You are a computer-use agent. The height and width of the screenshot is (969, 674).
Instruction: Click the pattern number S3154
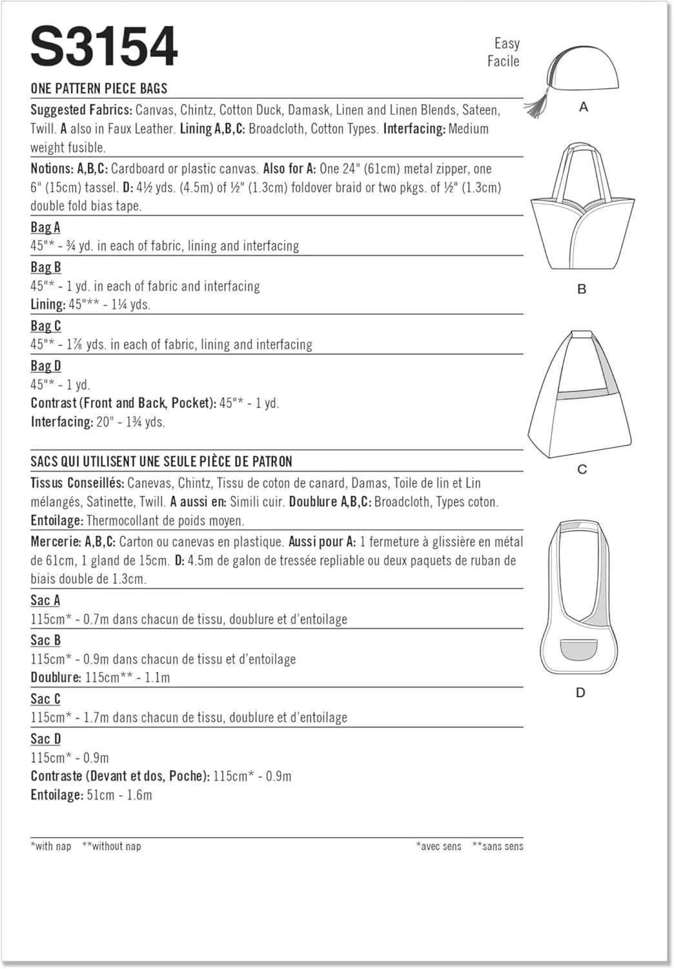104,47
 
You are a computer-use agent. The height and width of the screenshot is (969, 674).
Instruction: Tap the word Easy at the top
507,43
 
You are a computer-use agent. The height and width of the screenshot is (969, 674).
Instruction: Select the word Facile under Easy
503,61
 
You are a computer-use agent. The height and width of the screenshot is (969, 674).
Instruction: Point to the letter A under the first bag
584,107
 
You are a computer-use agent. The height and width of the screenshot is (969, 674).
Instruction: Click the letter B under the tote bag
582,289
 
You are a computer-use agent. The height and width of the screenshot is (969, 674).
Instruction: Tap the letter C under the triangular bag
582,469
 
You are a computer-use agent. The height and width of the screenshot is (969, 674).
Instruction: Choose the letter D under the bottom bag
580,693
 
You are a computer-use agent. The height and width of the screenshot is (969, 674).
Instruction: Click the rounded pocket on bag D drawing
579,649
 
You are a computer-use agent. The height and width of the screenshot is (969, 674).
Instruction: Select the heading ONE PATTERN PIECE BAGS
99,89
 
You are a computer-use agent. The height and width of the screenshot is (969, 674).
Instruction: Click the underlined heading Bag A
45,227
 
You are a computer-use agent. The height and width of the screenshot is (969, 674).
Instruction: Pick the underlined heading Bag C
46,326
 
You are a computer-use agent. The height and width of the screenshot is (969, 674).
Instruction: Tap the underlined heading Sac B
45,640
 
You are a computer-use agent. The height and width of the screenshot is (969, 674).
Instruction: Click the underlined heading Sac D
46,739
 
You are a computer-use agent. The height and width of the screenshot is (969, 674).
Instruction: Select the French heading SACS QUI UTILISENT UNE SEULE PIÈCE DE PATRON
161,462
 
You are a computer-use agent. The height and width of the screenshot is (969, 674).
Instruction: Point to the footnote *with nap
51,846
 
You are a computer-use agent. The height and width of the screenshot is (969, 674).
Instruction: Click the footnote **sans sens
497,846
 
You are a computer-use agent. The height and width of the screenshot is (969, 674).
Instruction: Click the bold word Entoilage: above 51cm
57,795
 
